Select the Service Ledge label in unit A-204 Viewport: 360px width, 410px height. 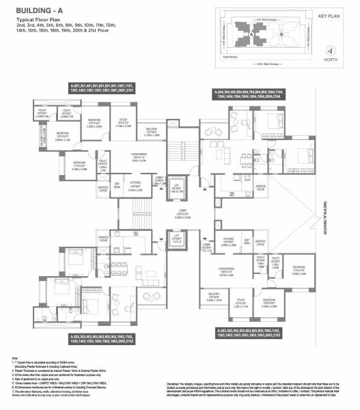pyautogui.click(x=260, y=186)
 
